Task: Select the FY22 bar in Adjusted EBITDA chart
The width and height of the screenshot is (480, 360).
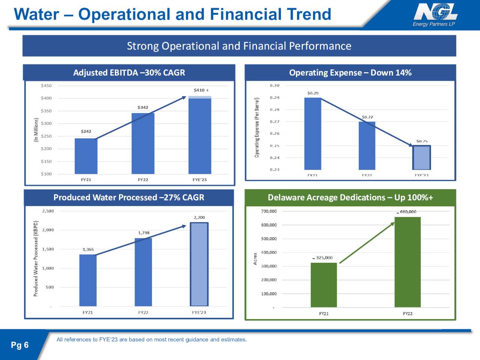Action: (x=143, y=143)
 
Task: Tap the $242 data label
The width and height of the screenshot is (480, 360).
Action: (x=86, y=131)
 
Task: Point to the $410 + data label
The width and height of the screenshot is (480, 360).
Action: (x=201, y=90)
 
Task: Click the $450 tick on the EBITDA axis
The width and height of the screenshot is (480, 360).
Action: (x=46, y=85)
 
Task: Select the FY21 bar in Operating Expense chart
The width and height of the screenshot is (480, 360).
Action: (x=312, y=133)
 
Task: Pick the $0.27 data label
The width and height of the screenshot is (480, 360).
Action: (x=367, y=117)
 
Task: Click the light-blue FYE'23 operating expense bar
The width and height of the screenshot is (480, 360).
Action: (x=421, y=157)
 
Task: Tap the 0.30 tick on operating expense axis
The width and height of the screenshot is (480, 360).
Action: (x=274, y=85)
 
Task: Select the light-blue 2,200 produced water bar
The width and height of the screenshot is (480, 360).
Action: (x=199, y=264)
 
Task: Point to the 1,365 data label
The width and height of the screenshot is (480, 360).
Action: (x=88, y=249)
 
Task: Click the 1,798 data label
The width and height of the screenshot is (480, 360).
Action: (x=144, y=233)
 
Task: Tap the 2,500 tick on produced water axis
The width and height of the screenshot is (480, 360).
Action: (x=48, y=211)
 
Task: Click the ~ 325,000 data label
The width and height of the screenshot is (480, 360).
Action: (x=322, y=258)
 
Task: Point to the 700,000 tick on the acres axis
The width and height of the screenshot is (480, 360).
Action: (x=268, y=211)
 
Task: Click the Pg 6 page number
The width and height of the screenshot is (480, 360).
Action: (x=19, y=345)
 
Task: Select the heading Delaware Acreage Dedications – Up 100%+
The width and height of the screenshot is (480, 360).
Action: (x=350, y=198)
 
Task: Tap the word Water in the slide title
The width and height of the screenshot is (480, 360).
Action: (x=36, y=14)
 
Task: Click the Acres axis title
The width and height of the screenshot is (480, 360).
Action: (x=255, y=259)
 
